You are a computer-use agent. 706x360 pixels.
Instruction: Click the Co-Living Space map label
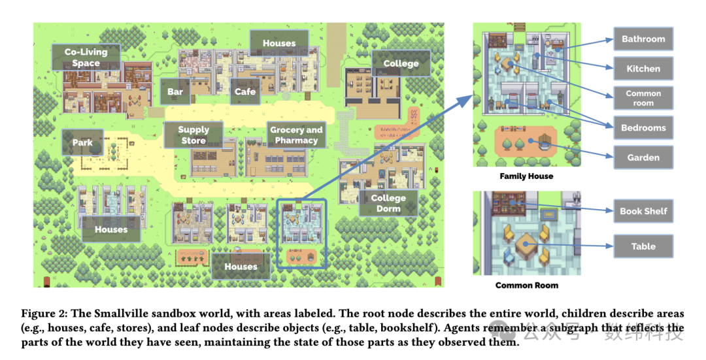86,57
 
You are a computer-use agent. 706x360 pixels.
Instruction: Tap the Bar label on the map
175,92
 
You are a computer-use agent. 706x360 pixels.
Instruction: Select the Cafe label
245,92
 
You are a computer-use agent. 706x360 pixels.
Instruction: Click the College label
401,63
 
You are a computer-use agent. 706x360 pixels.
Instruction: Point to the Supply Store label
193,135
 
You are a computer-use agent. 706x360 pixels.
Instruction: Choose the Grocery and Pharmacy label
296,135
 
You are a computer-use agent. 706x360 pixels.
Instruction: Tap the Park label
82,142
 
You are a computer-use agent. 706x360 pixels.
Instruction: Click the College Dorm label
388,203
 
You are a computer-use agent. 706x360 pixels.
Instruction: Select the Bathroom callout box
643,39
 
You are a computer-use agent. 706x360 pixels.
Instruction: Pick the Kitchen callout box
643,69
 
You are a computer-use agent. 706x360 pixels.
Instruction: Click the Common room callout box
643,98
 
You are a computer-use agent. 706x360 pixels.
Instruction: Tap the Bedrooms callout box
643,128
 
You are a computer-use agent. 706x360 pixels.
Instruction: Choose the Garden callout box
643,157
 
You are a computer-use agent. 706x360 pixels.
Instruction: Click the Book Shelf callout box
643,211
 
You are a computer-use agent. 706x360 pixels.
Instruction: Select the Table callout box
643,246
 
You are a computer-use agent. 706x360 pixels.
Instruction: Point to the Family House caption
526,176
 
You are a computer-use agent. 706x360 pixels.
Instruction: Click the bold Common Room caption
527,286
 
